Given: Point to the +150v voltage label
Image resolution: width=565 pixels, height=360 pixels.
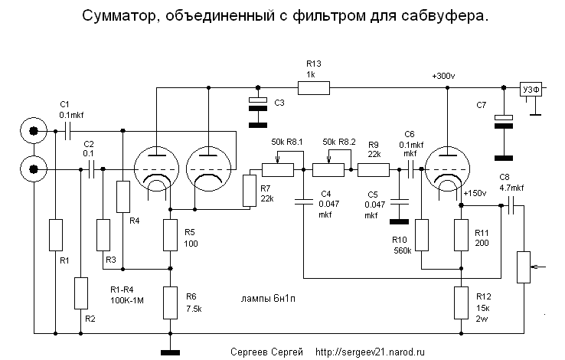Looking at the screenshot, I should click(475, 194).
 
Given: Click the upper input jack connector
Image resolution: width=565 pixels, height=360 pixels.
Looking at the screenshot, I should click(33, 131).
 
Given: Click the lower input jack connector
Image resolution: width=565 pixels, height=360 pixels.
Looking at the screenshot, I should click(33, 166).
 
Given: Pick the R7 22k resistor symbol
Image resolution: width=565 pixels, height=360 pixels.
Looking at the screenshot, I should click(248, 191).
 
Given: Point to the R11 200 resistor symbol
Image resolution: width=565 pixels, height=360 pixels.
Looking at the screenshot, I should click(462, 235).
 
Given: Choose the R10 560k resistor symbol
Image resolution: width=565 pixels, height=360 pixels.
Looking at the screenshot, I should click(421, 235).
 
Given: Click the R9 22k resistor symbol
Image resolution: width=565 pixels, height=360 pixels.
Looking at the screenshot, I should click(374, 170).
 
